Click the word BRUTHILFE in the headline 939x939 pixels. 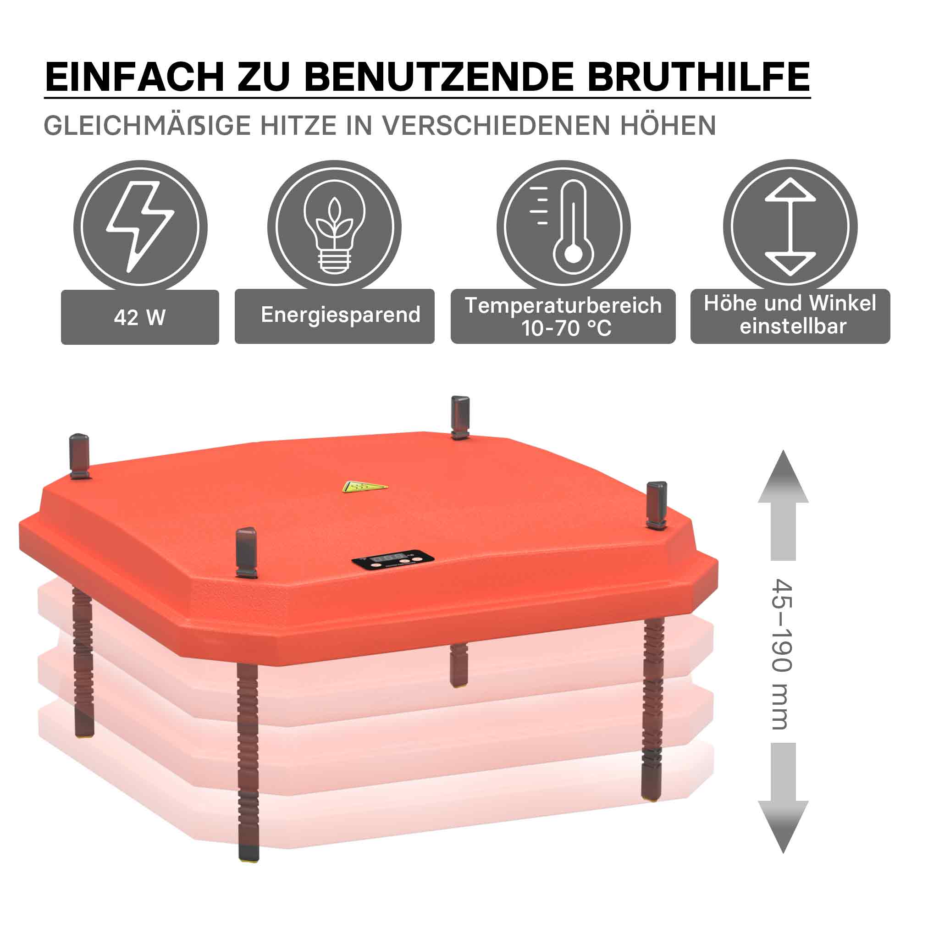[x=698, y=76]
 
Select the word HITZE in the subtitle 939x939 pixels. [x=298, y=126]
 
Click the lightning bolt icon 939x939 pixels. [x=140, y=226]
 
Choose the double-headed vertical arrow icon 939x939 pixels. [x=790, y=226]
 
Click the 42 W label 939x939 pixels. [x=140, y=317]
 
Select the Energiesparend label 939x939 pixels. [x=341, y=315]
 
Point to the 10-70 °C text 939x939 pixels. [x=566, y=329]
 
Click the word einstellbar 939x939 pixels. [x=793, y=326]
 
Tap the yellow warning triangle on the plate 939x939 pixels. [x=365, y=486]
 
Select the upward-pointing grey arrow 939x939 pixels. [x=783, y=505]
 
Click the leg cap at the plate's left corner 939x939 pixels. [x=80, y=456]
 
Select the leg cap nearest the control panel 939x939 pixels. [x=246, y=552]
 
